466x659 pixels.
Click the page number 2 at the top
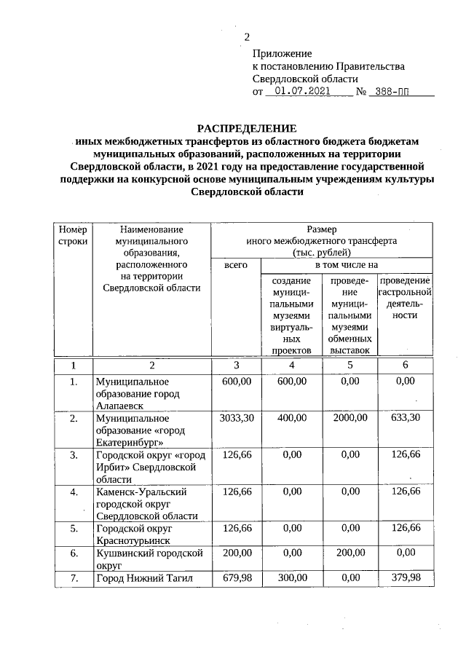[247, 37]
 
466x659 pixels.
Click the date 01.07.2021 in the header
[300, 92]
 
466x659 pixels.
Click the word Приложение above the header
[282, 54]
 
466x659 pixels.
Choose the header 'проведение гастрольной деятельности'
[405, 299]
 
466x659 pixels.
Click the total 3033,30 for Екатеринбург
[235, 419]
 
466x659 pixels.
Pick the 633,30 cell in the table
[405, 419]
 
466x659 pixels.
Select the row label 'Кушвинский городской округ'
[149, 559]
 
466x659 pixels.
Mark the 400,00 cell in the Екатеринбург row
[291, 419]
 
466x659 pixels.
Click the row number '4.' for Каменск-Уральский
[73, 492]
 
